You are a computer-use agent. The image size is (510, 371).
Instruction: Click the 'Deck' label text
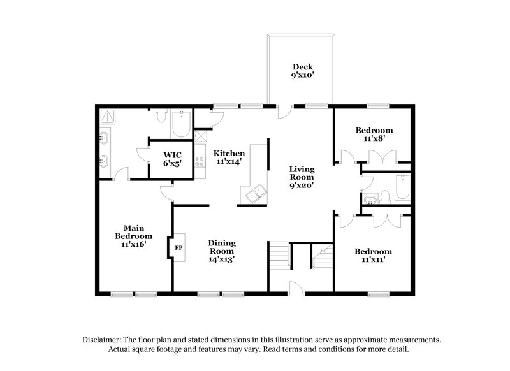click(302, 66)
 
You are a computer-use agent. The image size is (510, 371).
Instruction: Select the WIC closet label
click(171, 154)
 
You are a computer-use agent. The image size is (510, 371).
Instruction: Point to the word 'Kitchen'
click(229, 153)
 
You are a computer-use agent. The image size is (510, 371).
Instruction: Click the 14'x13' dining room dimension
click(222, 259)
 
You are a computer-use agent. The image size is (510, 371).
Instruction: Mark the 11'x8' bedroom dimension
click(373, 137)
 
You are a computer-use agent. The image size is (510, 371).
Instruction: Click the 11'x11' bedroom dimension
click(373, 260)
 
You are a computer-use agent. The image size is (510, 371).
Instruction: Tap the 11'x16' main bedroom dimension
click(133, 244)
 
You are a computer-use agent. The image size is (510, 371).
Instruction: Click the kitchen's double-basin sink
click(253, 193)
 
